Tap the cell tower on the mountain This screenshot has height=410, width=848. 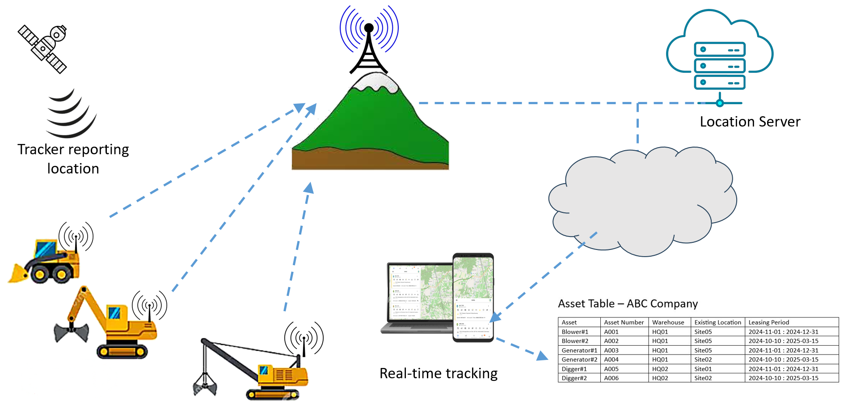point(369,49)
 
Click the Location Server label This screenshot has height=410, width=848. point(750,122)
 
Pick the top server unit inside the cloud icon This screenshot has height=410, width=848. point(719,50)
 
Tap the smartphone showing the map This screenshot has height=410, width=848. point(473,297)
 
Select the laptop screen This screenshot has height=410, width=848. point(419,293)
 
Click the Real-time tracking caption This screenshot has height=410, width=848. point(438,373)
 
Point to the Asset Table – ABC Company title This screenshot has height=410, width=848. point(628,304)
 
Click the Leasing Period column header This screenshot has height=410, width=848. point(768,322)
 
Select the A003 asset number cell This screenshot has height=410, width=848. point(611,351)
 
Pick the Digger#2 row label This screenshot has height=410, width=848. point(574,378)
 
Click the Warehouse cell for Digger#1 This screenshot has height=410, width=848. point(660,369)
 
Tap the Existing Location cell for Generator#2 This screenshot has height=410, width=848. point(703,359)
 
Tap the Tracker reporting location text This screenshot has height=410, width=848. point(73,159)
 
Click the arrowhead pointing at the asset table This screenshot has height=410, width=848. point(542,356)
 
